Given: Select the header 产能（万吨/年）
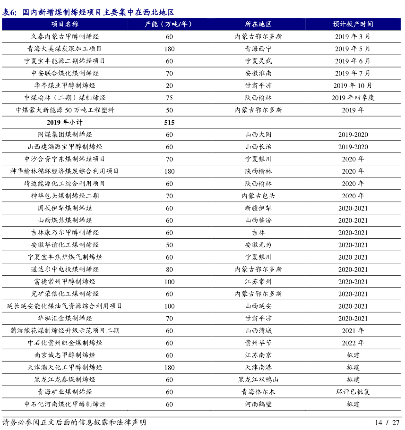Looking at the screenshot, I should coord(169,24).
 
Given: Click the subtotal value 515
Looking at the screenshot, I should coord(169,122).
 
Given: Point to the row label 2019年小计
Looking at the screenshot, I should coord(65,122).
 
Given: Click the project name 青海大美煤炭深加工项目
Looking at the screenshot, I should coord(65,49).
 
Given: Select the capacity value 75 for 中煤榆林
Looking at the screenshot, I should coord(169,98).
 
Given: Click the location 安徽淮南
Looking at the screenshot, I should coord(258,73).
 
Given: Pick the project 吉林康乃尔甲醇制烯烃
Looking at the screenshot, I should coord(65,233).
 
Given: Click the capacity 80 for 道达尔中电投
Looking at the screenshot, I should coord(169,270).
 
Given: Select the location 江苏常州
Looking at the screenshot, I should coord(258,282).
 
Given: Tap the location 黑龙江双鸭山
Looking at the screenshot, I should coord(258,379).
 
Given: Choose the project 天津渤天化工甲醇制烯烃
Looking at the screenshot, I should coord(65,367).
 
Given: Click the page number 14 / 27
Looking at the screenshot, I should coord(387,422).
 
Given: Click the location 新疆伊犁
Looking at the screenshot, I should coord(258,208).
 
